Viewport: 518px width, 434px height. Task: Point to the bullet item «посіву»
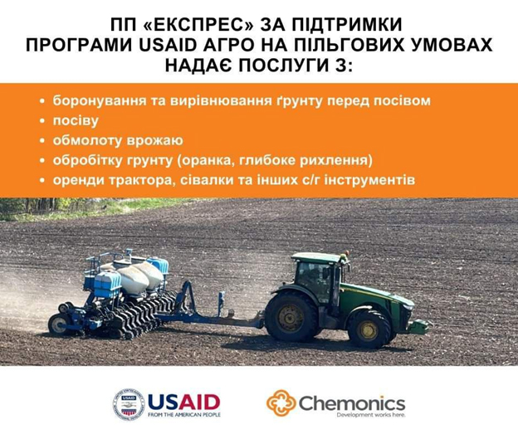(76, 120)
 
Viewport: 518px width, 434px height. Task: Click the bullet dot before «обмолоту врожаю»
(42, 141)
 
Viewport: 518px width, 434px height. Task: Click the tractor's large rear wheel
(291, 316)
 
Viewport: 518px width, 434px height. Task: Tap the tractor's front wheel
(369, 329)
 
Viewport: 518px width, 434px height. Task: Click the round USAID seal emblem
(129, 404)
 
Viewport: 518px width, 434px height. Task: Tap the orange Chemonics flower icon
(281, 403)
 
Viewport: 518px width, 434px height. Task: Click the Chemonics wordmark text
(352, 403)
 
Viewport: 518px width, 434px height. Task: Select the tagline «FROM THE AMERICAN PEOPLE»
(184, 415)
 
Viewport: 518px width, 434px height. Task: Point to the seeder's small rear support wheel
(58, 324)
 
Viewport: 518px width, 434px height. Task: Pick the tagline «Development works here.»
(371, 415)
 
